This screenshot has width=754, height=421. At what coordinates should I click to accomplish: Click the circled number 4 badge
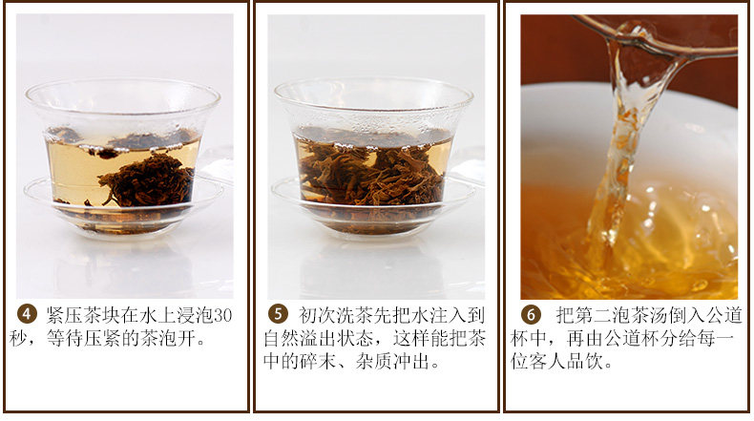coord(27,314)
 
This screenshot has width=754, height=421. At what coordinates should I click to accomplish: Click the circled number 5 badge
coord(278,314)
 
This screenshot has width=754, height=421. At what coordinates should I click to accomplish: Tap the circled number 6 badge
coord(531,315)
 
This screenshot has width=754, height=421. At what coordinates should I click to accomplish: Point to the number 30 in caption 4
coord(222,315)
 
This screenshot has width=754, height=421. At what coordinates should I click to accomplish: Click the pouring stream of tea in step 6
coord(618,158)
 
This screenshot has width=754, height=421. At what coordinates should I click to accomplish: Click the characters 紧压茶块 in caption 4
coord(83,315)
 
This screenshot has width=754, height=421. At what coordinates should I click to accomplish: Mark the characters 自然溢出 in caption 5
coord(300,338)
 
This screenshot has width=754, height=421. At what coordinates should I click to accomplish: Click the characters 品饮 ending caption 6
coord(585,362)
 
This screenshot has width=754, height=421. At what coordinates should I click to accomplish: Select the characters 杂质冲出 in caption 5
coord(392,362)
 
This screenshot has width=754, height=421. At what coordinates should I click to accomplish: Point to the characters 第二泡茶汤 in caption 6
coord(620,315)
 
